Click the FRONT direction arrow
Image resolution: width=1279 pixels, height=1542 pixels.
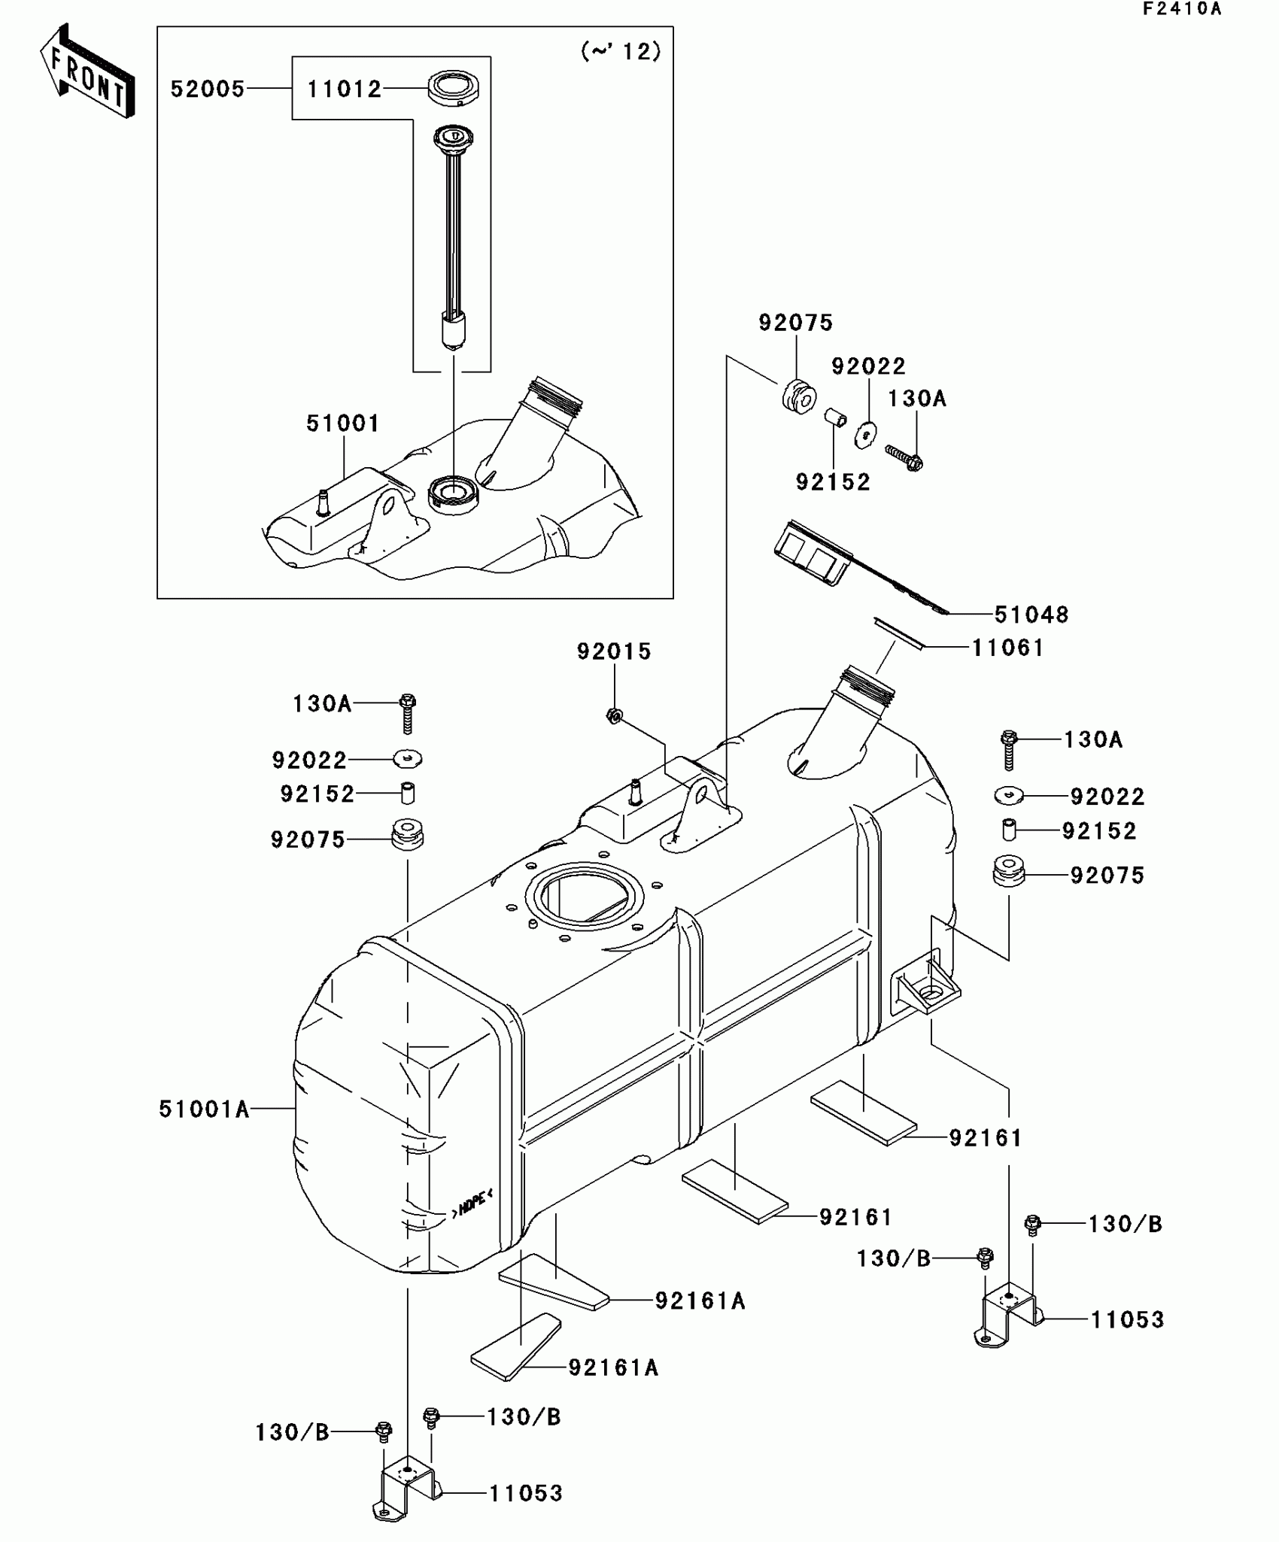(88, 71)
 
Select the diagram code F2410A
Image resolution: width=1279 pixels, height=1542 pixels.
(1182, 9)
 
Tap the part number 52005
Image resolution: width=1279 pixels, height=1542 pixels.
(208, 90)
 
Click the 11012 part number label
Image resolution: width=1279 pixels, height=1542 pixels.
(344, 90)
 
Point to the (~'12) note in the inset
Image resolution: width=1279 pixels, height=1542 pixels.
(621, 52)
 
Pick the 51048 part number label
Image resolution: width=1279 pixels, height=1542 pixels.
(1031, 615)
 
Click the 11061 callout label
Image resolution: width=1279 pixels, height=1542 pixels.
(1008, 648)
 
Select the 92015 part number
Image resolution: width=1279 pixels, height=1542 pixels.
(614, 651)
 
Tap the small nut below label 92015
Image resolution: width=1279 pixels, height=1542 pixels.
(613, 716)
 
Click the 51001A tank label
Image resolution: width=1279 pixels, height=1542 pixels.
(204, 1109)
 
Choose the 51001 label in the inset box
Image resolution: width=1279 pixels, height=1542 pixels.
(343, 423)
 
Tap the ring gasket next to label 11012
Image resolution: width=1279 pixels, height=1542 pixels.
(454, 88)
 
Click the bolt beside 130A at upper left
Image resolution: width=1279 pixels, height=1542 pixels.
(408, 712)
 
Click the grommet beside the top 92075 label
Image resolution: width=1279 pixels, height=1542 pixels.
(797, 396)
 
